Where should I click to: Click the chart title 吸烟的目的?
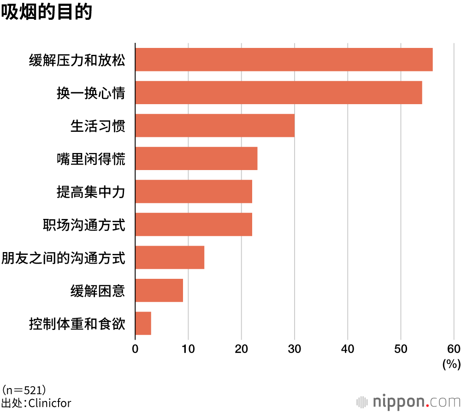pyautogui.click(x=47, y=12)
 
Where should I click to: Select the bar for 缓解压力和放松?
pyautogui.click(x=284, y=59)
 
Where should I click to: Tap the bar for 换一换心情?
pyautogui.click(x=278, y=92)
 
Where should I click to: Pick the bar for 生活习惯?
pyautogui.click(x=215, y=125)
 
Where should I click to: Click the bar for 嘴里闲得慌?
pyautogui.click(x=196, y=158)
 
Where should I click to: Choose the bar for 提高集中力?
pyautogui.click(x=194, y=191)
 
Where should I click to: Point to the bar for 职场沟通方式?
pyautogui.click(x=194, y=224)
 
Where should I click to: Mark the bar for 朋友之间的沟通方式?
pyautogui.click(x=170, y=257)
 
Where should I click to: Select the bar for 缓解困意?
pyautogui.click(x=159, y=290)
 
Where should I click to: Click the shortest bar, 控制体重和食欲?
pyautogui.click(x=143, y=323)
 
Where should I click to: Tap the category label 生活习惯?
pyautogui.click(x=97, y=126)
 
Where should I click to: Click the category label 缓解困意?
pyautogui.click(x=97, y=290)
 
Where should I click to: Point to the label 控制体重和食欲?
pyautogui.click(x=77, y=324)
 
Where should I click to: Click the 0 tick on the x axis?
pyautogui.click(x=135, y=349)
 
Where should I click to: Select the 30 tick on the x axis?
pyautogui.click(x=295, y=349)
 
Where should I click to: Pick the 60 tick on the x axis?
pyautogui.click(x=454, y=349)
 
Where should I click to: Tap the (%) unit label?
pyautogui.click(x=451, y=365)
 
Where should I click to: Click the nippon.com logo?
pyautogui.click(x=408, y=401)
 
